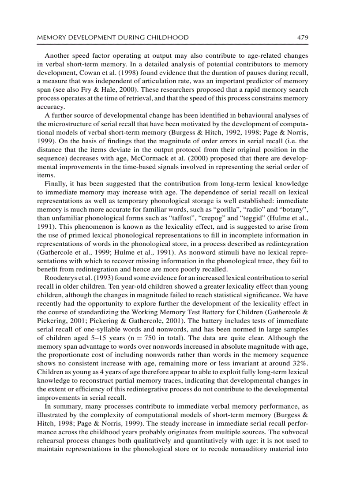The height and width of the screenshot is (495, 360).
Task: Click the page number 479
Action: pyautogui.click(x=302, y=37)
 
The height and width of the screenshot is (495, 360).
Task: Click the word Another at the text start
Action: pyautogui.click(x=58, y=56)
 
